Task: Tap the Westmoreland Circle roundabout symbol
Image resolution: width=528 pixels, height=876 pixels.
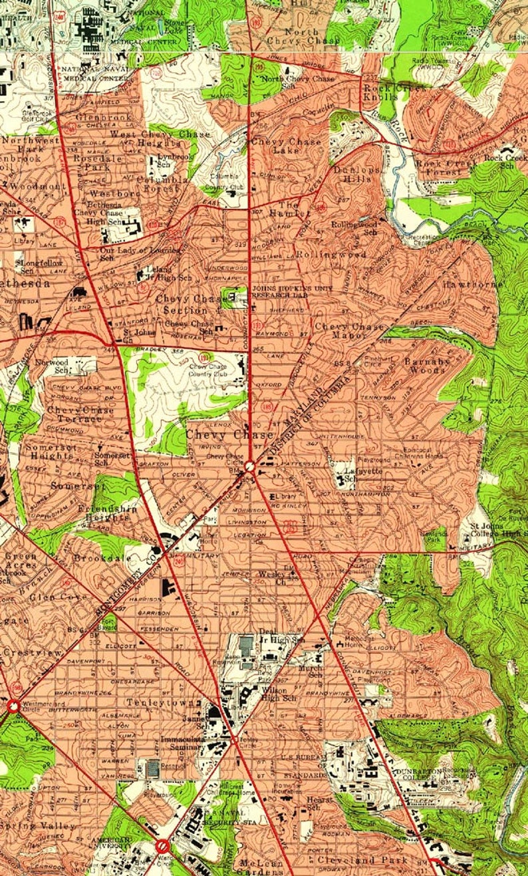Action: (13, 706)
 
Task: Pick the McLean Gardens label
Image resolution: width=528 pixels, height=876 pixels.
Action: (261, 867)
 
